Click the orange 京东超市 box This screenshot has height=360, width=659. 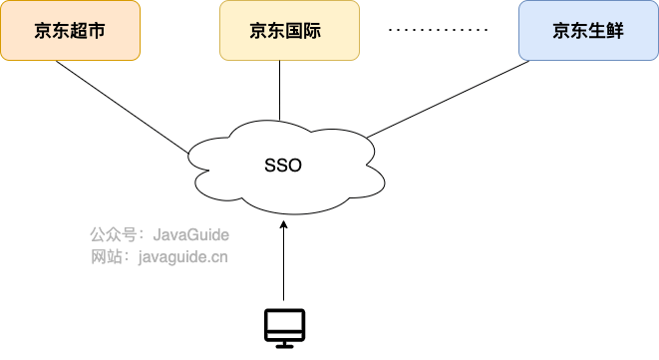(x=70, y=31)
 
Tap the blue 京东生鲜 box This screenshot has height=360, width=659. (x=587, y=31)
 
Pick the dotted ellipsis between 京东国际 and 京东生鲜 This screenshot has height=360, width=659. (x=438, y=31)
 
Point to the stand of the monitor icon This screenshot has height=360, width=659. (x=284, y=342)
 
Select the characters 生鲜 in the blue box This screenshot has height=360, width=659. (x=605, y=31)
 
